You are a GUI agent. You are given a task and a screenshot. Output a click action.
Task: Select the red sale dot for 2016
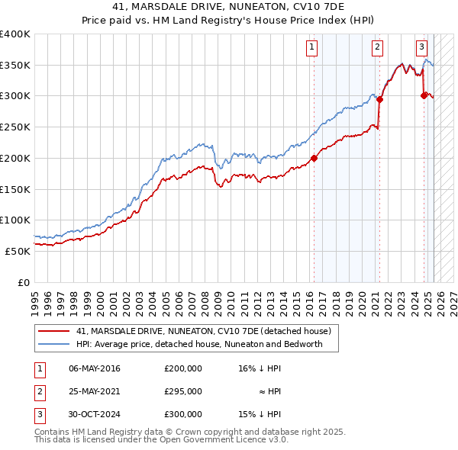(x=314, y=159)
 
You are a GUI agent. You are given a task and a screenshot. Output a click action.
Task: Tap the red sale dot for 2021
(x=379, y=99)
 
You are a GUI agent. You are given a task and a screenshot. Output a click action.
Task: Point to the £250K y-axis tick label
(x=15, y=127)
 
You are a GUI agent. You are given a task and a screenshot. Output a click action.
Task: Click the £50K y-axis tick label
(x=18, y=251)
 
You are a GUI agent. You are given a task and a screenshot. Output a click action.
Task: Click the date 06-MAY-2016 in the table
(x=94, y=368)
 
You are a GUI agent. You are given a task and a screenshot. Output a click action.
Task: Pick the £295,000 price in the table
(x=182, y=391)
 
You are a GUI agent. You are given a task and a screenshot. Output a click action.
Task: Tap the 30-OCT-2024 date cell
(x=94, y=414)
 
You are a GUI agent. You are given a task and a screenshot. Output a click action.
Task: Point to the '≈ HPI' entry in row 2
(x=270, y=391)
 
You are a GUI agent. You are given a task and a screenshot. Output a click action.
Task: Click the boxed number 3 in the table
(x=38, y=414)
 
